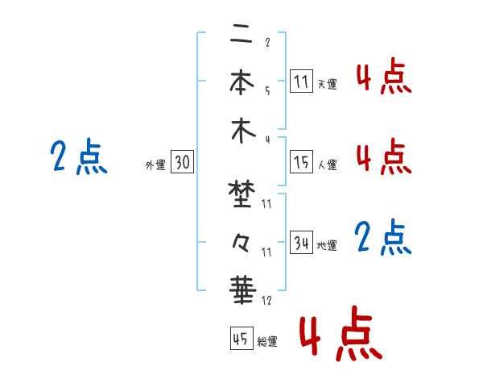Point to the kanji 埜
(239, 194)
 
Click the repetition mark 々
(239, 240)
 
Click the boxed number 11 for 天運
(301, 82)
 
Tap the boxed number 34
(301, 243)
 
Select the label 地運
(327, 245)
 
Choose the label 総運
(267, 342)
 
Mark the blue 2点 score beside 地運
(383, 238)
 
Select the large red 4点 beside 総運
(339, 332)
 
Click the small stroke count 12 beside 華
(266, 301)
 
